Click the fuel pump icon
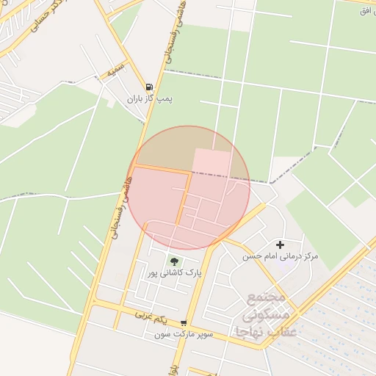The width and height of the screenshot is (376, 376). (149, 86)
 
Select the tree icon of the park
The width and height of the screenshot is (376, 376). (174, 261)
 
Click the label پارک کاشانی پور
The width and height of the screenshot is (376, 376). (174, 273)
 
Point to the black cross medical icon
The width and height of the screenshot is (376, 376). (280, 245)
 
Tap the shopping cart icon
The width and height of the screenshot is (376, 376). (184, 323)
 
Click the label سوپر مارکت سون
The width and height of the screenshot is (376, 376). (184, 335)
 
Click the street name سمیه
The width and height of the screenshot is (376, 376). (114, 72)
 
